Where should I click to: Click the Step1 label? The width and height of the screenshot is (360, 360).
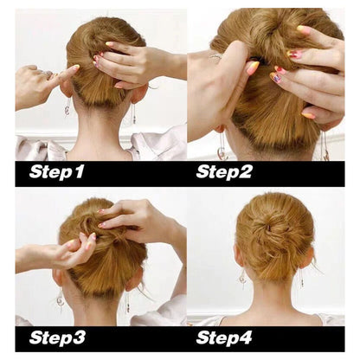[57, 171]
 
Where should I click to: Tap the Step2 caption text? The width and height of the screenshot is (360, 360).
[223, 171]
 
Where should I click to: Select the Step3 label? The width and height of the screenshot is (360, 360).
[57, 337]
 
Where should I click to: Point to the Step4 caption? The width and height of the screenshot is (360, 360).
[224, 337]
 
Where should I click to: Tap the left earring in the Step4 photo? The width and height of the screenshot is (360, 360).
[242, 279]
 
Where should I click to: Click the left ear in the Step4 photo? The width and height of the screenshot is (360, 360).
[238, 258]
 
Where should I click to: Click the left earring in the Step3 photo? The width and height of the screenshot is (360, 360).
[60, 298]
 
